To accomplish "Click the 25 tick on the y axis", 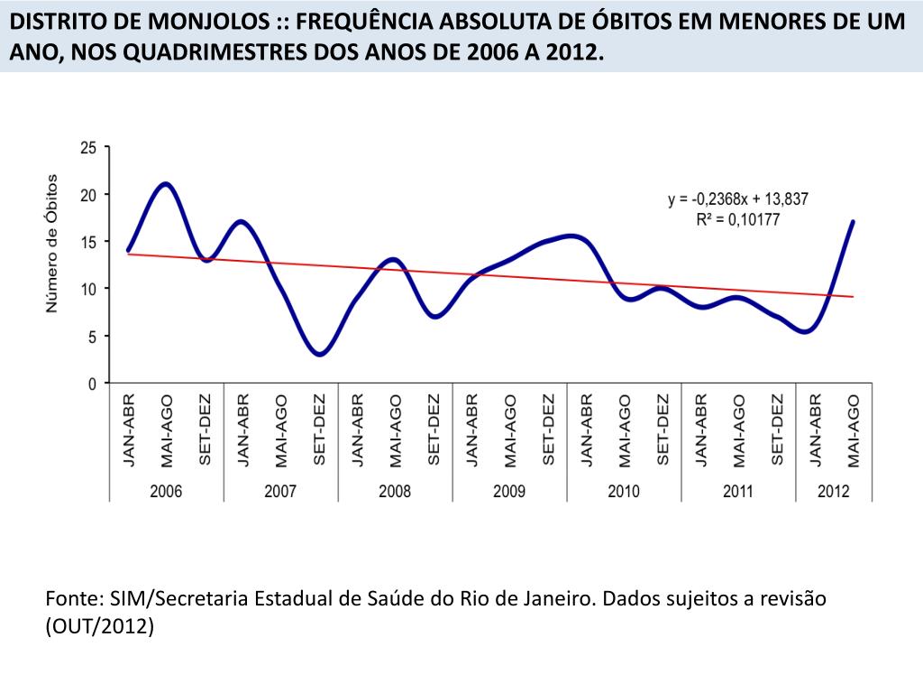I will pos(88,147).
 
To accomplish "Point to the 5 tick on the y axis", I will pos(92,336).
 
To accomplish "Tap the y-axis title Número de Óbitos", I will pos(52,244).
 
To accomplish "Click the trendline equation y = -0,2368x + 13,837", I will pos(737,200).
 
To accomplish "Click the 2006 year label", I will pos(166,491).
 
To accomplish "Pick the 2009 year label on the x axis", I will pos(509,491).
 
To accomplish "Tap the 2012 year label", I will pos(834,491).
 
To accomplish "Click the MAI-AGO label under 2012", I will pos(854,430).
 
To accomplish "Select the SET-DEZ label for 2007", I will pos(319,430).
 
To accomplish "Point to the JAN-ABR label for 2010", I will pos(586,430).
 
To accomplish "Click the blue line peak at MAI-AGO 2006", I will pos(166,184).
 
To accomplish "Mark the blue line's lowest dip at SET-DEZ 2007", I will pos(319,354).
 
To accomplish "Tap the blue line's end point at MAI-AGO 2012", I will pos(853,222).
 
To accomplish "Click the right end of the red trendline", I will pos(852,296).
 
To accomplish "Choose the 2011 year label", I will pos(738,491).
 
